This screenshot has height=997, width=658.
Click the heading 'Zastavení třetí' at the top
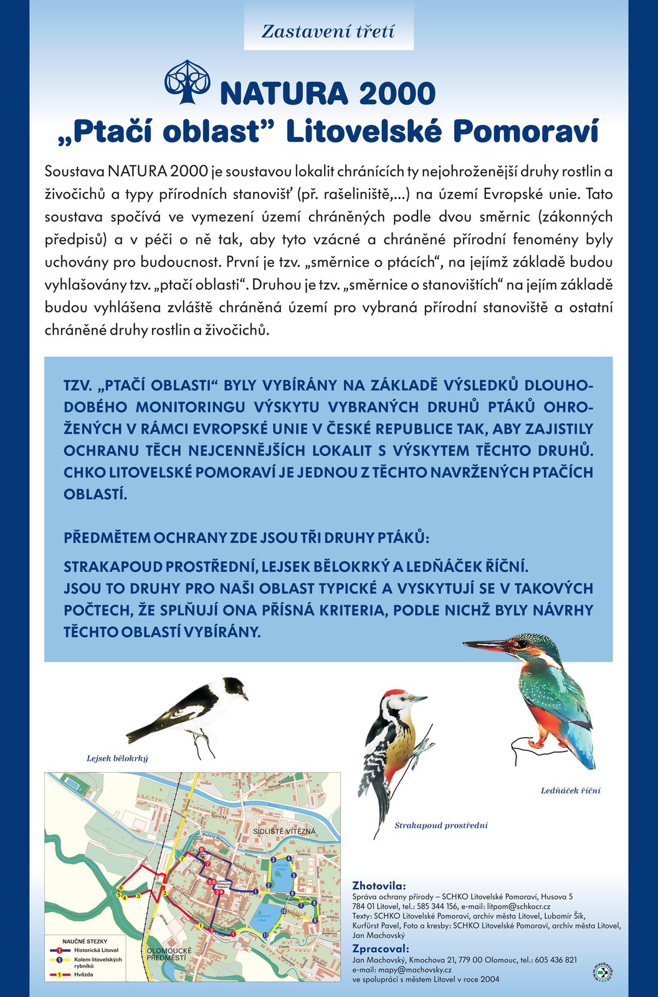[x=328, y=32]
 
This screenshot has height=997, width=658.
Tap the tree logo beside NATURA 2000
[x=187, y=82]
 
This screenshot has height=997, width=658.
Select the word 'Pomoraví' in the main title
[x=525, y=131]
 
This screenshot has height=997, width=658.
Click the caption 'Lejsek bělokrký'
[x=117, y=758]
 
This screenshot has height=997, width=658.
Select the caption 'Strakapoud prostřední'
[x=441, y=826]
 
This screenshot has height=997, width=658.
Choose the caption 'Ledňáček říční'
[x=571, y=791]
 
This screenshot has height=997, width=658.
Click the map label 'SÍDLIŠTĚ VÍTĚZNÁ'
[x=284, y=831]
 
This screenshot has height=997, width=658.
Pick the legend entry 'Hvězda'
[x=83, y=975]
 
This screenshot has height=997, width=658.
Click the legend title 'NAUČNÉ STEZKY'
[x=85, y=942]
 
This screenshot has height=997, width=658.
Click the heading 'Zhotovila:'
[x=379, y=885]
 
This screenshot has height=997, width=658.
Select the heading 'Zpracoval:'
[x=380, y=949]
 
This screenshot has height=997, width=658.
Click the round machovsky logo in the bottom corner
[x=602, y=972]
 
